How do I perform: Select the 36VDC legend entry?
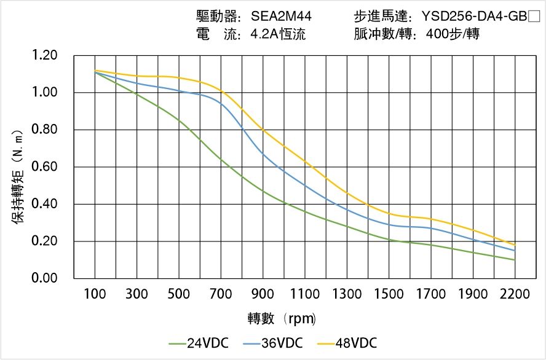(273, 343)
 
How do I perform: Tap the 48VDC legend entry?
(347, 343)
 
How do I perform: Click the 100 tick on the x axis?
(95, 294)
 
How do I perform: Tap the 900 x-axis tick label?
(263, 294)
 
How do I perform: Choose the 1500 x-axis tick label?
(389, 294)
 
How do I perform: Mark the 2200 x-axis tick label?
(515, 294)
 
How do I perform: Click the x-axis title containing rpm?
(282, 319)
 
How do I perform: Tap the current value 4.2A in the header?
(264, 34)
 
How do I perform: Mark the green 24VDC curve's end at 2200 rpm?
(515, 260)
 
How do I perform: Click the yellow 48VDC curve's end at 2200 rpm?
(515, 245)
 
